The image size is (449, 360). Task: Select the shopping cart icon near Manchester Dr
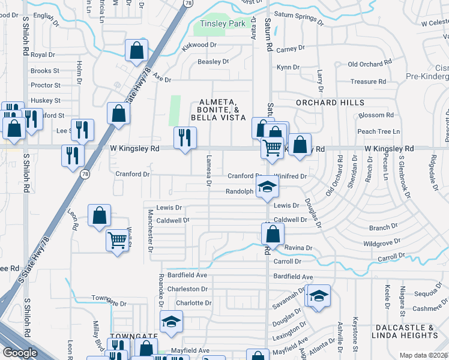(118, 240)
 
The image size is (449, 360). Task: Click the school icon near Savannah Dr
(319, 296)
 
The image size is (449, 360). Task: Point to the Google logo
(20, 353)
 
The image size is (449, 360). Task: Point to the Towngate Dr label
(109, 298)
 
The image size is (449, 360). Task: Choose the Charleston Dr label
(187, 289)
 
